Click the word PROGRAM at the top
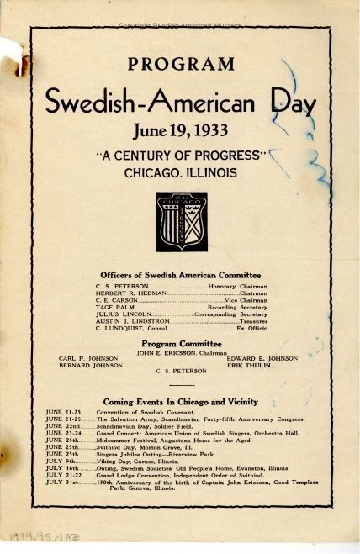click(x=181, y=64)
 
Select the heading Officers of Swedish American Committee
click(x=180, y=275)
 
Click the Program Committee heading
click(x=180, y=344)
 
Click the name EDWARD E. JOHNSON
click(x=262, y=358)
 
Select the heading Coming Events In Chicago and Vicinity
click(x=180, y=402)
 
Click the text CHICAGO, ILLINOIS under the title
click(x=181, y=172)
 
